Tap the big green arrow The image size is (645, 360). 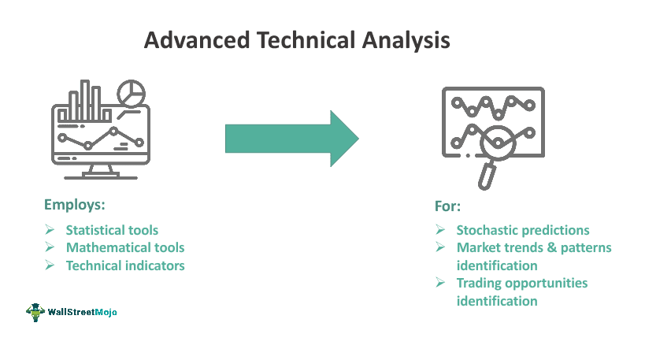click(x=291, y=139)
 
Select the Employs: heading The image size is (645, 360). click(x=74, y=205)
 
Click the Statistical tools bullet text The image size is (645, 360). click(x=112, y=230)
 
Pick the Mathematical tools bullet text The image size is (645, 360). click(x=124, y=247)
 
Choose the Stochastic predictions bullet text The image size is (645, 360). click(x=522, y=230)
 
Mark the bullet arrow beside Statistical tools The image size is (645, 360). click(x=50, y=230)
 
